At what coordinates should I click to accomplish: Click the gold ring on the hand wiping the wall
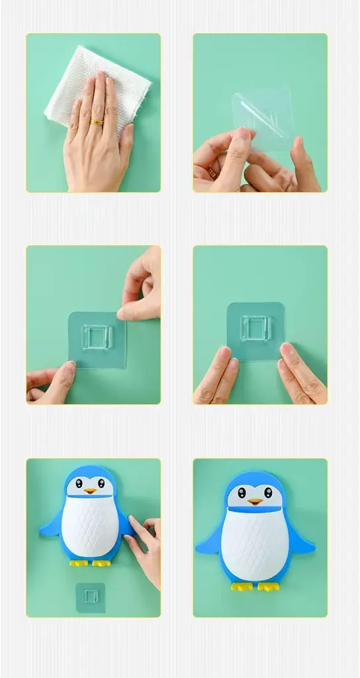[97, 122]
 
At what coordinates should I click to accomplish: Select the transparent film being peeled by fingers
[265, 116]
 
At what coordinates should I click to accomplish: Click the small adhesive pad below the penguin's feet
[91, 597]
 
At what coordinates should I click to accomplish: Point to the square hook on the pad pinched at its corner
[97, 338]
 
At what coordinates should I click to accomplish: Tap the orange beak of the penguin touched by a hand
[90, 491]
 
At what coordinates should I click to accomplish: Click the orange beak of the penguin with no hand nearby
[255, 501]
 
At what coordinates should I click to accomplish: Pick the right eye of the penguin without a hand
[268, 493]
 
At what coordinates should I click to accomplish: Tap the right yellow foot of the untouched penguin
[269, 587]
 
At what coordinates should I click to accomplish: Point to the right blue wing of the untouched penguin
[301, 543]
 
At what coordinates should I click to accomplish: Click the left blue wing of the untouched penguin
[208, 544]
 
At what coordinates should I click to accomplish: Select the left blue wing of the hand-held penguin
[50, 526]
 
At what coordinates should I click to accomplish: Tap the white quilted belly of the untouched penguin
[255, 543]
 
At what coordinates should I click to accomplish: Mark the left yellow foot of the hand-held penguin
[79, 563]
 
